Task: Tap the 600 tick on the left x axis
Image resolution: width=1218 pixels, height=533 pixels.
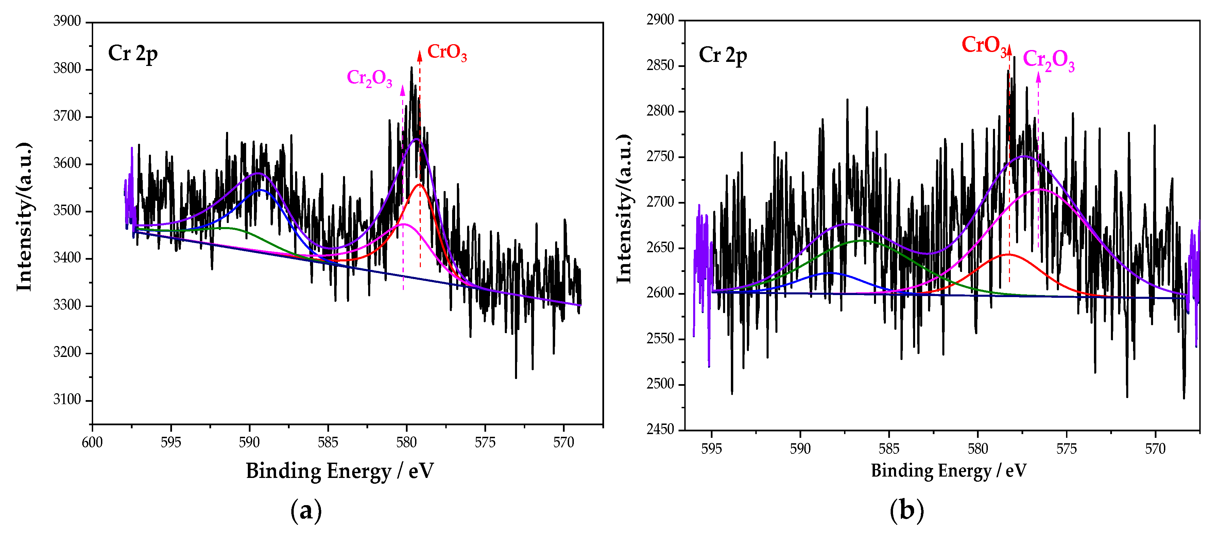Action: [92, 442]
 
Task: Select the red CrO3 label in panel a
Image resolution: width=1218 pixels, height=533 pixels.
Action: [446, 52]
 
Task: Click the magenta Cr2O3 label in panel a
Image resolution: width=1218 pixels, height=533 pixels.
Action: [369, 78]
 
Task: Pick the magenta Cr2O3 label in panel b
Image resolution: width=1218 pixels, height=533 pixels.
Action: [1049, 61]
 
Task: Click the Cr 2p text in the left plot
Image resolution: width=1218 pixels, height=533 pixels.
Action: [132, 53]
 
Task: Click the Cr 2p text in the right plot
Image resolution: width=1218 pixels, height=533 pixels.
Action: [722, 55]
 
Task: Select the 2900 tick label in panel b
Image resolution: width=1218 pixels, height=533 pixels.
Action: [660, 20]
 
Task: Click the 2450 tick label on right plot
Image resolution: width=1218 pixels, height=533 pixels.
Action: [660, 429]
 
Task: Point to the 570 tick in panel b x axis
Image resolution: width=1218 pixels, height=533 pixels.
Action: [1155, 448]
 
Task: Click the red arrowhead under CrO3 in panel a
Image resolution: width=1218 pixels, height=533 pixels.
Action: [419, 56]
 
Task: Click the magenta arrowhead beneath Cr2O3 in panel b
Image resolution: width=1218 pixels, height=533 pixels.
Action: [1038, 77]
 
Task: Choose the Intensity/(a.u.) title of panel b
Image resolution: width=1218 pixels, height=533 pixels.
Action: [624, 209]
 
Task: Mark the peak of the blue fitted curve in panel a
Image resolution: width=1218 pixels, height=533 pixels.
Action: [260, 190]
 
